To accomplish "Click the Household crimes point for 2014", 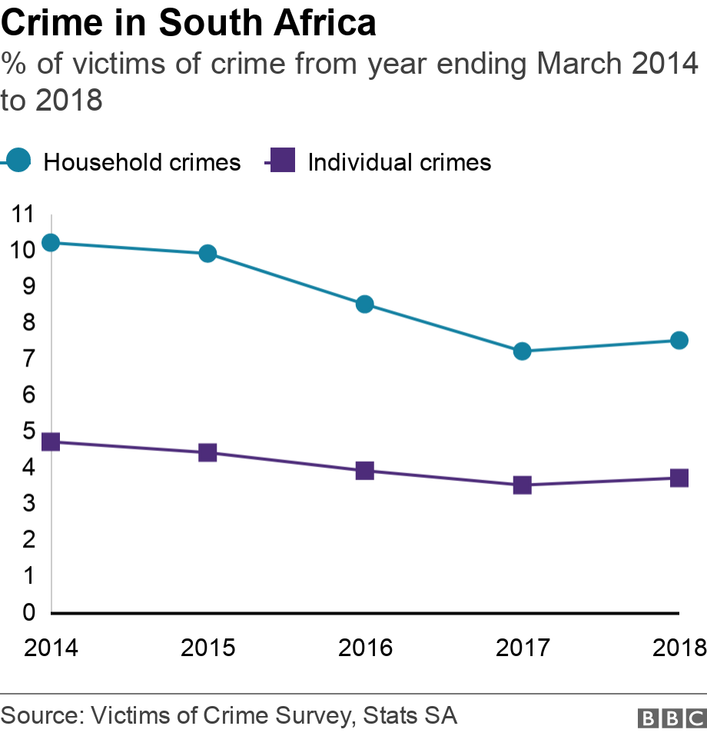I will pyautogui.click(x=51, y=243).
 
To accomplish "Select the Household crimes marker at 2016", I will pyautogui.click(x=365, y=304).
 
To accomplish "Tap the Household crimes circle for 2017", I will pyautogui.click(x=523, y=351).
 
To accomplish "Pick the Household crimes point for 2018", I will pyautogui.click(x=679, y=340).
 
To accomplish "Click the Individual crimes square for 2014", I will pyautogui.click(x=51, y=442).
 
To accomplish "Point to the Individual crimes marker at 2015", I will pyautogui.click(x=207, y=453).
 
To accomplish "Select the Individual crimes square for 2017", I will pyautogui.click(x=523, y=485).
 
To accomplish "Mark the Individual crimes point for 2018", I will pyautogui.click(x=679, y=478).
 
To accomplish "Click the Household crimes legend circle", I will pyautogui.click(x=18, y=161).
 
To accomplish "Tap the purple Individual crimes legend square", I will pyautogui.click(x=283, y=161).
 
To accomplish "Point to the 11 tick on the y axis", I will pyautogui.click(x=24, y=214).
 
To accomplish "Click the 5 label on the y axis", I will pyautogui.click(x=29, y=431).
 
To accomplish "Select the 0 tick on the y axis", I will pyautogui.click(x=29, y=612).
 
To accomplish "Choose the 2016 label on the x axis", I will pyautogui.click(x=365, y=648).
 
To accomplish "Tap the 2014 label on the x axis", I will pyautogui.click(x=51, y=648).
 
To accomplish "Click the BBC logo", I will pyautogui.click(x=670, y=718).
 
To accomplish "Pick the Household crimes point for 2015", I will pyautogui.click(x=207, y=254).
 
